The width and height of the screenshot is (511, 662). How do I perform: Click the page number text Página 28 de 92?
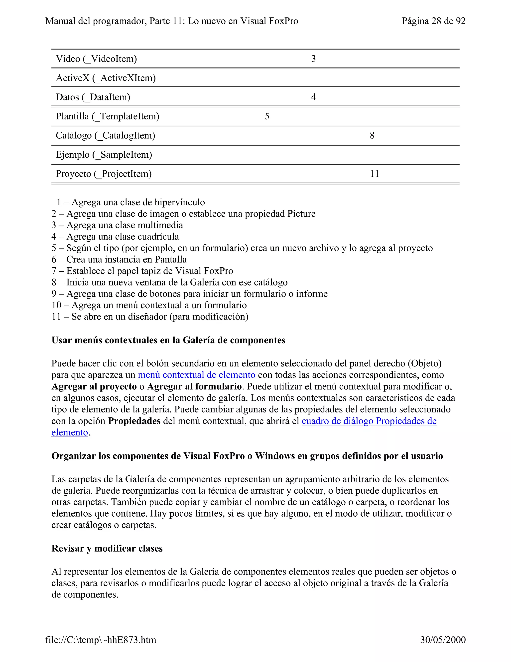tap(433, 21)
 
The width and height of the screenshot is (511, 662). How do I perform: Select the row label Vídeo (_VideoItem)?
tap(96, 59)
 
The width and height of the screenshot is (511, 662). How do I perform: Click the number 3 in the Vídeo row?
tap(313, 59)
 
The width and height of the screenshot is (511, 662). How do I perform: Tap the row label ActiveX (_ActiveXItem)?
tap(106, 78)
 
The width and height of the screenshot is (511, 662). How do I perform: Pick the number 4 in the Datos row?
tap(313, 97)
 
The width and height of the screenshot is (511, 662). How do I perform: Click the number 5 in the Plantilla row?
tap(267, 116)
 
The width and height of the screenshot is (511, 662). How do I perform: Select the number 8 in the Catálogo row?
tap(372, 135)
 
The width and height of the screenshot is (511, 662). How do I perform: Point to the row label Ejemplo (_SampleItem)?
tap(104, 155)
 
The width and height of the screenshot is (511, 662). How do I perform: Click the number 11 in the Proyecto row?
tap(375, 174)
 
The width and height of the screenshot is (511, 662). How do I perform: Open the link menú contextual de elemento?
tap(196, 375)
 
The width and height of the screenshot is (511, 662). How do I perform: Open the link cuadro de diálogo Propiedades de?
tap(369, 421)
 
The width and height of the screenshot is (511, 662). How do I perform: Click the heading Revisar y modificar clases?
tap(107, 548)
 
